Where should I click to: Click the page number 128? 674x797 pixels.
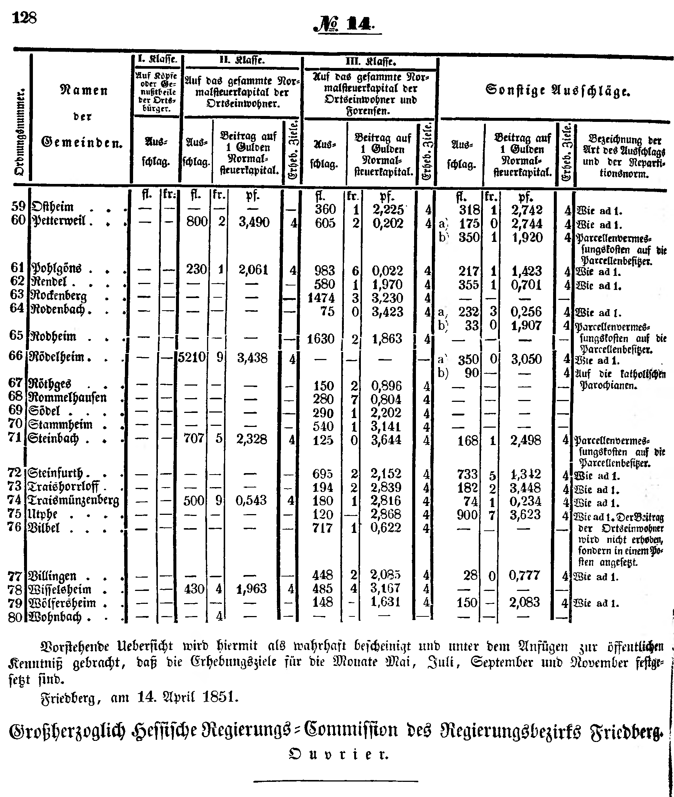[x=24, y=18]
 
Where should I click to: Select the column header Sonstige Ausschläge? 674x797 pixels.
[x=558, y=91]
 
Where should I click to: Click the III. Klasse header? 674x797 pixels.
[x=370, y=61]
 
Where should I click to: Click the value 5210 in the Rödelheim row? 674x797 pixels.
[x=192, y=358]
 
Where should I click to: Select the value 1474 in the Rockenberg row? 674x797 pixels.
[x=321, y=298]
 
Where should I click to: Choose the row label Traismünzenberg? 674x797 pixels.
[x=74, y=500]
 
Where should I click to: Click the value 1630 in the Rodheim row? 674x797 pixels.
[x=321, y=339]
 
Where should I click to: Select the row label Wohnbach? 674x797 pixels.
[x=55, y=617]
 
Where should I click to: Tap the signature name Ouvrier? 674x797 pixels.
[x=339, y=754]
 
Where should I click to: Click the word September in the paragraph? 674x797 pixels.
[x=502, y=661]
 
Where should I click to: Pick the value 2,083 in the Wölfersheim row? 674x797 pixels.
[x=524, y=602]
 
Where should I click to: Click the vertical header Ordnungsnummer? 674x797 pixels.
[x=20, y=132]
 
